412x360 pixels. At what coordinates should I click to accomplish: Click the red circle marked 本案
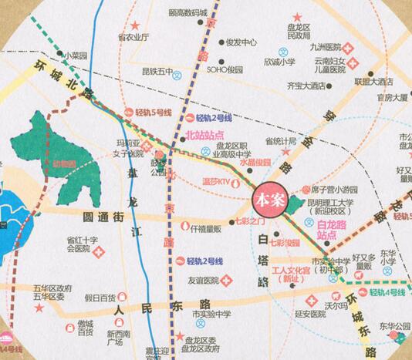click(269, 198)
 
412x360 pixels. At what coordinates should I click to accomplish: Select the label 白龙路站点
click(338, 228)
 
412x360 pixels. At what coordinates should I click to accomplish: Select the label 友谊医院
click(203, 280)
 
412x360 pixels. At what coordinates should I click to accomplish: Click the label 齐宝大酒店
click(306, 86)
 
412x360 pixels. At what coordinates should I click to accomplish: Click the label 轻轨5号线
click(153, 112)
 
